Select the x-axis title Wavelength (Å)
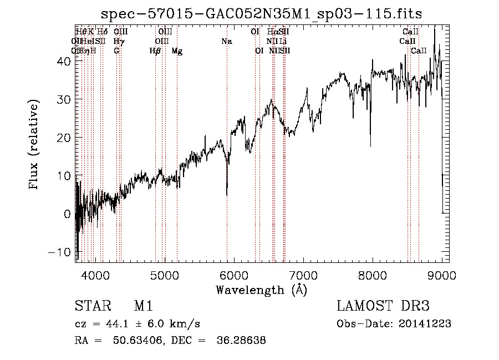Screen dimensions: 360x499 tap(261, 289)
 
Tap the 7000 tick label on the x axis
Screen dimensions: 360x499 tap(303, 275)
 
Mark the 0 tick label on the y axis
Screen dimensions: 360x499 tap(67, 214)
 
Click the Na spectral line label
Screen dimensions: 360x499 tap(226, 41)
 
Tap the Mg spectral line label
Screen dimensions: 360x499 tap(177, 50)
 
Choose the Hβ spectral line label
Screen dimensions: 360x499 tap(155, 50)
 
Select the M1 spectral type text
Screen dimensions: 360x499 tap(143, 306)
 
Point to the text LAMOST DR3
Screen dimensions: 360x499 tap(383, 306)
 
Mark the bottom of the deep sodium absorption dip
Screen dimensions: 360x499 tap(227, 195)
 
